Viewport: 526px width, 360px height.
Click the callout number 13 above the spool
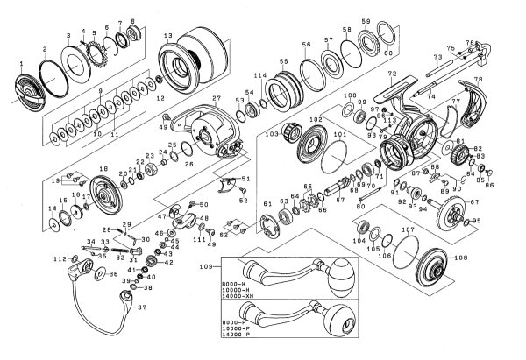point(166,34)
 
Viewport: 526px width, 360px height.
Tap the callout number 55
point(283,60)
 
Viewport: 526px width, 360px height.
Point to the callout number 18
point(103,169)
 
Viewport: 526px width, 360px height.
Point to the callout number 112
point(59,260)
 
